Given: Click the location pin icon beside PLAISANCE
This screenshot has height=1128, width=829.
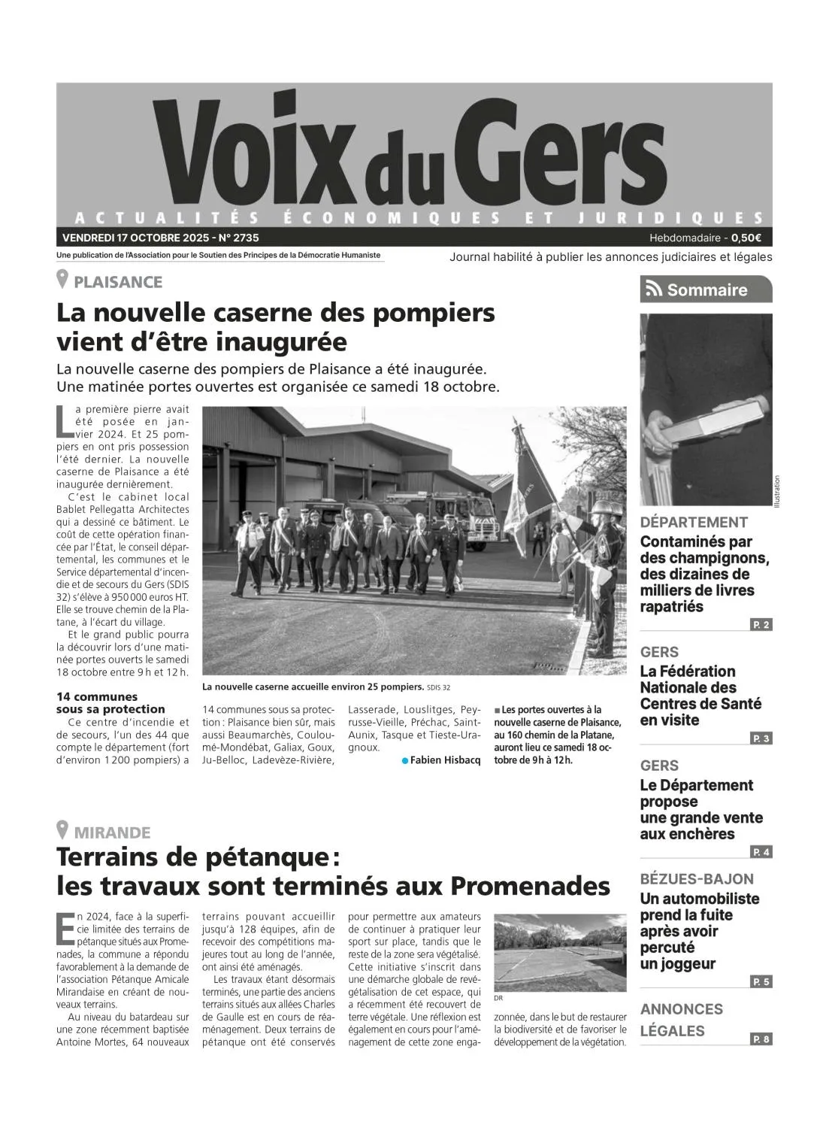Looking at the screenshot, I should (x=63, y=280).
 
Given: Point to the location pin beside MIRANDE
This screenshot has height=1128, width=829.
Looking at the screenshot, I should (x=63, y=831).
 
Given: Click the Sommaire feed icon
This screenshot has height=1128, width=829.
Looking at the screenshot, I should (x=654, y=290).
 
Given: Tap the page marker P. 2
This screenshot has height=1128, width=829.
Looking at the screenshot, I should (x=761, y=625).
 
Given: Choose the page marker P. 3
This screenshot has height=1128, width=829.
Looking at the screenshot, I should (x=761, y=738).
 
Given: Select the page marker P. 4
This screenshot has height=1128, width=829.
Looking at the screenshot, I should (x=761, y=852).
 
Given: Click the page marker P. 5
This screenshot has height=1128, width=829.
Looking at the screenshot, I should (x=761, y=981).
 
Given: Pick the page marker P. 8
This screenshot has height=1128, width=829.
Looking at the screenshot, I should (x=761, y=1039).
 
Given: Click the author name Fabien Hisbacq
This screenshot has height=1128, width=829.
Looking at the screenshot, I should (x=445, y=760).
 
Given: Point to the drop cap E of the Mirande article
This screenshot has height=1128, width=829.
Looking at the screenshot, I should (x=65, y=928).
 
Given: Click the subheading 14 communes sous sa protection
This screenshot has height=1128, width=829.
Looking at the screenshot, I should (x=110, y=702).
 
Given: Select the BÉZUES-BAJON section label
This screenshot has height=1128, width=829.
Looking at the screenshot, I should (x=697, y=878).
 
